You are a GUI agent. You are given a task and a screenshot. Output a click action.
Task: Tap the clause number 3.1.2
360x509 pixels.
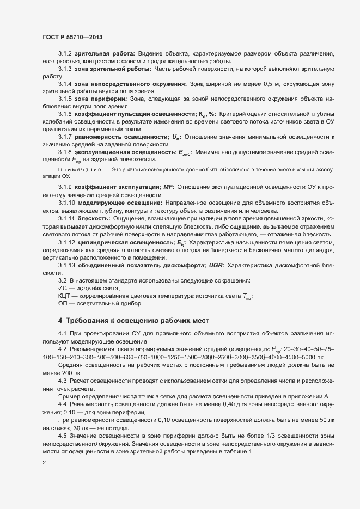[x=65, y=56]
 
